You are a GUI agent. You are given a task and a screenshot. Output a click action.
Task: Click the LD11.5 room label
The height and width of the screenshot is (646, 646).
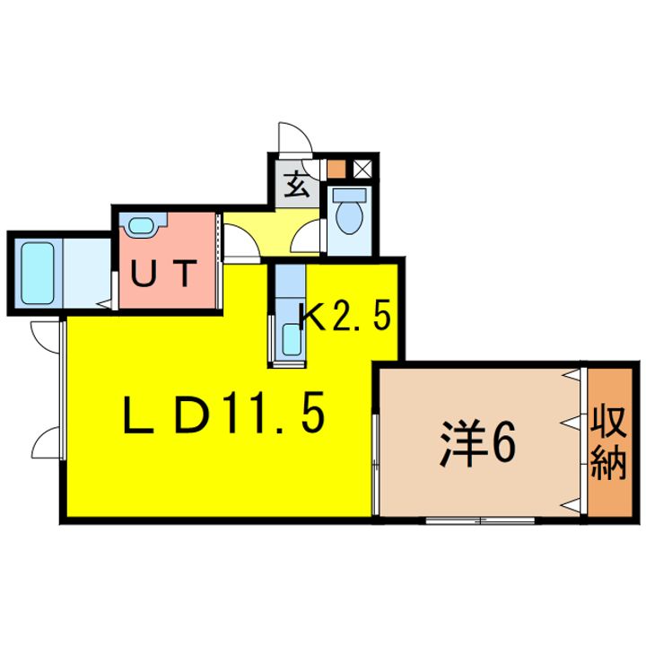pos(223,414)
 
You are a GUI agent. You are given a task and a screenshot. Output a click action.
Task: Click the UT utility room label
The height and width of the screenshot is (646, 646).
pos(163,275)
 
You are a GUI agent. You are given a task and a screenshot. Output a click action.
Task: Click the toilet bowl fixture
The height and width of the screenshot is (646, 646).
pos(348,214)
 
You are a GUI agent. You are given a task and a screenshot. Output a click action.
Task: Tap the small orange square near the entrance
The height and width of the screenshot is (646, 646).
pos(336,167)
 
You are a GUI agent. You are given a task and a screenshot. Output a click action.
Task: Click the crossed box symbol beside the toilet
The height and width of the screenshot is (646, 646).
pos(363,167)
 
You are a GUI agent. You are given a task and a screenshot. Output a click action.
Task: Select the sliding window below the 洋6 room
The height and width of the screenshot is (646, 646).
pos(479,520)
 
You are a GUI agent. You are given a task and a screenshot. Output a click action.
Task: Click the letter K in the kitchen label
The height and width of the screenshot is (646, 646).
pos(314,317)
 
